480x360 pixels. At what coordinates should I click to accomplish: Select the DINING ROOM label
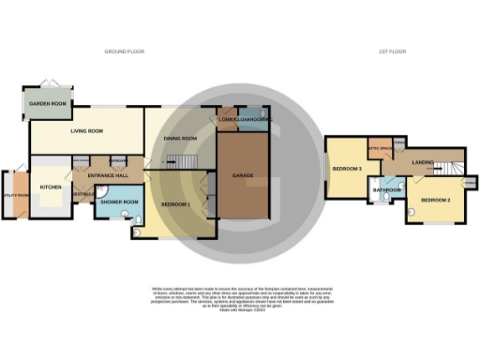click(x=181, y=139)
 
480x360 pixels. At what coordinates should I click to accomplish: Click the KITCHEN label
click(x=51, y=187)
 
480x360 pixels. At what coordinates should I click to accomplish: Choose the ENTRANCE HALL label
click(x=108, y=175)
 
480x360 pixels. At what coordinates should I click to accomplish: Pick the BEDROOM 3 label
click(x=347, y=169)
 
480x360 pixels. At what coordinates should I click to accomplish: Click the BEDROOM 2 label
click(x=436, y=201)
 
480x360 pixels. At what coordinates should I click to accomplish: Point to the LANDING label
click(x=423, y=162)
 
